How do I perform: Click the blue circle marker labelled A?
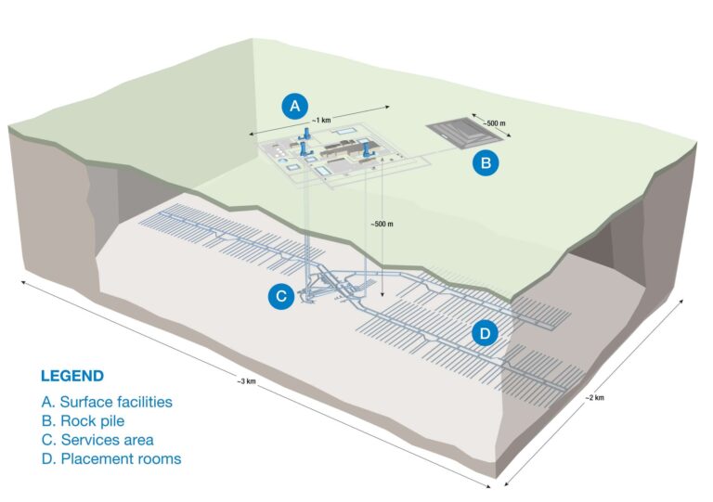click(295, 106)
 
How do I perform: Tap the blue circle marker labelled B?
click(486, 164)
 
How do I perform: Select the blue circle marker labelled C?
click(281, 296)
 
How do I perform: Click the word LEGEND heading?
click(71, 377)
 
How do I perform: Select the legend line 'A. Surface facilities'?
click(107, 402)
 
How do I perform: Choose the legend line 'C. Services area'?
click(97, 439)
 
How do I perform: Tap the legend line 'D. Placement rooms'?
click(110, 458)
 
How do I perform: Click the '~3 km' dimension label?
click(245, 381)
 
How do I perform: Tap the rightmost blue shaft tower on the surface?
click(369, 148)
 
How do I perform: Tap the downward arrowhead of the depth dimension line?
click(382, 305)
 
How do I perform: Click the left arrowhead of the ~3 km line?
click(20, 277)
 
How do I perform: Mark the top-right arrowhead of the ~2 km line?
click(685, 300)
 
